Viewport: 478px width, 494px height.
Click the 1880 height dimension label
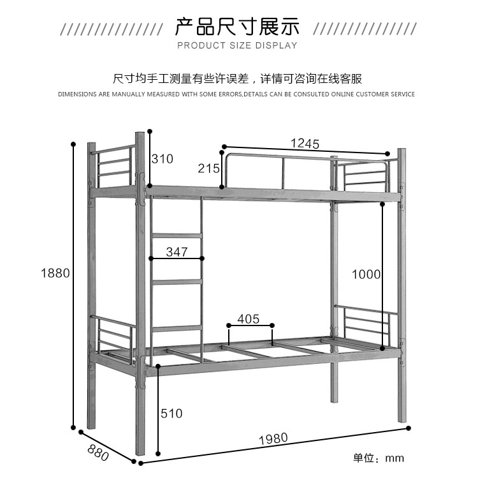coord(55,273)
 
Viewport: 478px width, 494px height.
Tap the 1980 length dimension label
coord(273,438)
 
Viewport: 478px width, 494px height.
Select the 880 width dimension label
coord(98,453)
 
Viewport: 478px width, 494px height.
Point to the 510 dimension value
coord(171,414)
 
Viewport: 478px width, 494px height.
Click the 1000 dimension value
coord(366,274)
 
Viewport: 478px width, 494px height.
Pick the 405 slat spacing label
coord(249,318)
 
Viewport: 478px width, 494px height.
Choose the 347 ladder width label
coord(177,251)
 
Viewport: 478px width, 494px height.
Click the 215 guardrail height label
coord(208,168)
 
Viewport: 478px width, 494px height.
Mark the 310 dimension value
coord(162,159)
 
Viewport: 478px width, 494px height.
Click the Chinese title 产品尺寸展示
coord(237,27)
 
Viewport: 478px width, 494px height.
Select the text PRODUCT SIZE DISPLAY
coord(237,45)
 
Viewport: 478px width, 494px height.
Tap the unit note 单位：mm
coord(379,458)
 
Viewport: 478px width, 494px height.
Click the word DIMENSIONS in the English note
coord(77,94)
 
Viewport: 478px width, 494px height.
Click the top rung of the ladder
coord(177,236)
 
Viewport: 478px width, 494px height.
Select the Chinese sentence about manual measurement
coord(237,79)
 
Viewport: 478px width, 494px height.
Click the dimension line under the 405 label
coord(250,326)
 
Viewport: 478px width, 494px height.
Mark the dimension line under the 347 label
coord(177,258)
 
